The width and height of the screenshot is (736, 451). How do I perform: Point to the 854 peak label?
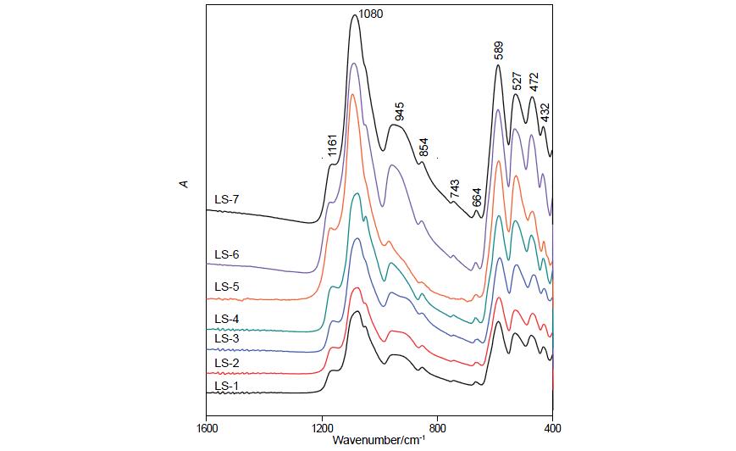(424, 147)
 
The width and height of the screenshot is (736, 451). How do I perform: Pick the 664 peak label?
(477, 197)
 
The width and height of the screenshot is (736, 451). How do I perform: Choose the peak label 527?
(516, 81)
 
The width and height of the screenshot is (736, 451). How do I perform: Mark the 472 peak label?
(534, 82)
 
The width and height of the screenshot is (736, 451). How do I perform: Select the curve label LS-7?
(227, 201)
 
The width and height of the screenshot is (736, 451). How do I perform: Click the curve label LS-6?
(227, 254)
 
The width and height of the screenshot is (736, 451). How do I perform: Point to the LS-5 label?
(227, 287)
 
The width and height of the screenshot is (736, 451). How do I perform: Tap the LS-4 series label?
(227, 319)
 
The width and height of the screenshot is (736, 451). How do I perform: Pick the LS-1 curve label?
(227, 387)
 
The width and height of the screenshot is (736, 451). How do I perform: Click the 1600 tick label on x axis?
(207, 429)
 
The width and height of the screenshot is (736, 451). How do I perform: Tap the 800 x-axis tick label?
(438, 429)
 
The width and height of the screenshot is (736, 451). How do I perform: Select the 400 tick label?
(552, 429)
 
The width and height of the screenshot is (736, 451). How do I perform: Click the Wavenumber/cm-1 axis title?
(379, 441)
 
